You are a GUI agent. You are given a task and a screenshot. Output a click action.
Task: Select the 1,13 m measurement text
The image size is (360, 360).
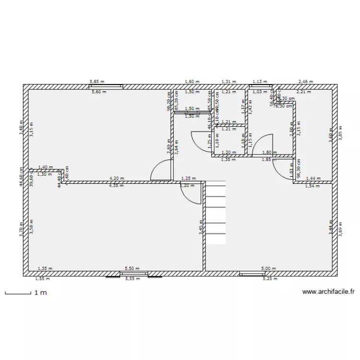tap(260, 82)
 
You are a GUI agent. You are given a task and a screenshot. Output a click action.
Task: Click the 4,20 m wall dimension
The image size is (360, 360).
tap(117, 178)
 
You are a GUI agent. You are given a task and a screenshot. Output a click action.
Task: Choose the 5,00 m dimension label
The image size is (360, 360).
tap(268, 269)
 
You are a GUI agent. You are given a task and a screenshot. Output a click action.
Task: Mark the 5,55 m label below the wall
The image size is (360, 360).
tap(132, 279)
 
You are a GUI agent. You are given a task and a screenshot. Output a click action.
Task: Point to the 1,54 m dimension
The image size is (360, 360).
tap(312, 185)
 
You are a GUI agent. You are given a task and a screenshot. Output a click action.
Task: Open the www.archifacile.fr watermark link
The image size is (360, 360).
tap(329, 292)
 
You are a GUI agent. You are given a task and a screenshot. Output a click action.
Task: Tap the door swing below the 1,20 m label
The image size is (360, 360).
tap(190, 194)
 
